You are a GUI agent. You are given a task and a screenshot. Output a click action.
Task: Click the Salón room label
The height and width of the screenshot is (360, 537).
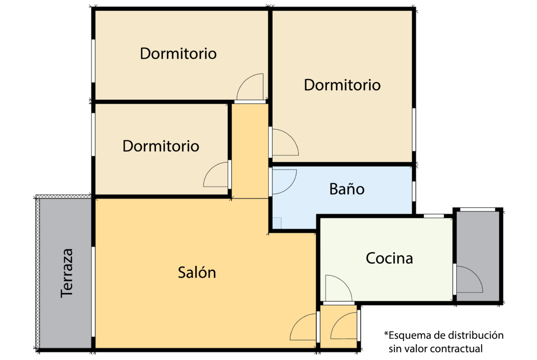197,273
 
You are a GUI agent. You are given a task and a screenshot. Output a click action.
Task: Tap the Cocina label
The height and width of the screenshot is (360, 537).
389,258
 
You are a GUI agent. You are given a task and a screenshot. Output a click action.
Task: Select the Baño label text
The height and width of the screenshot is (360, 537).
347,188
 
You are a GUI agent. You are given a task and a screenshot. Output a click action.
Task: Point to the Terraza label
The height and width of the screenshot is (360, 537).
67,273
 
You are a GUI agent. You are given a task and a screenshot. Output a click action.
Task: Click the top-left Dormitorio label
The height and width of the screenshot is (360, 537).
178,54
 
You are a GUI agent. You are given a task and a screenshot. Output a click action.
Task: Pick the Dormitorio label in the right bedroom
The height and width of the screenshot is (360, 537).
342,85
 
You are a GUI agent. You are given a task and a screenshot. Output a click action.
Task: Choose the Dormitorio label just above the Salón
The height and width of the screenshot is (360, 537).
161,146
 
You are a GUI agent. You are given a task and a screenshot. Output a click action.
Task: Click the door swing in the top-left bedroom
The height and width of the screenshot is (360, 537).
251,87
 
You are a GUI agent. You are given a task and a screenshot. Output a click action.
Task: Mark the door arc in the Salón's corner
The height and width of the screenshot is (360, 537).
303,327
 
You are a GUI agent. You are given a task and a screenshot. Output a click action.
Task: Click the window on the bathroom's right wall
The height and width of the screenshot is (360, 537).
414,191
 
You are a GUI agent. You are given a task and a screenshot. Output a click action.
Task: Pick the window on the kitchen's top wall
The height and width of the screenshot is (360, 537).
433,216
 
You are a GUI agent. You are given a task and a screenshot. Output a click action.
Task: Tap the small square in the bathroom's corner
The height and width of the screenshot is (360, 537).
277,223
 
